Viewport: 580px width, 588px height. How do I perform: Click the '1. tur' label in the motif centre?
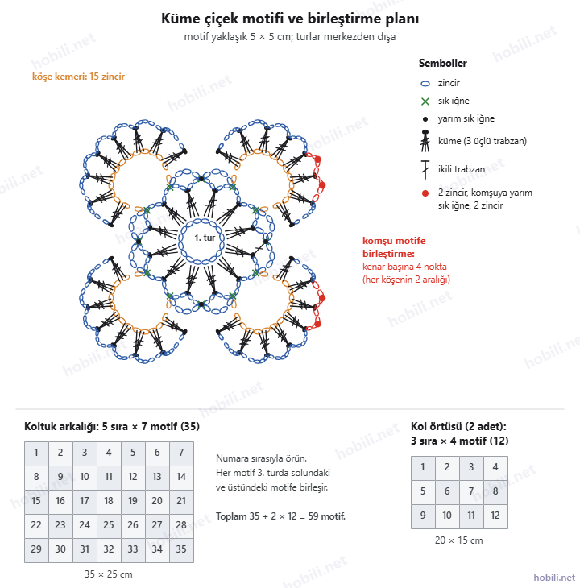pyautogui.click(x=205, y=238)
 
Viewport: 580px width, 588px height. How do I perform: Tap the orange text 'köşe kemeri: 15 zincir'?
pyautogui.click(x=78, y=77)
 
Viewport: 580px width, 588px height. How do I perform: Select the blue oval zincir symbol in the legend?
pyautogui.click(x=425, y=84)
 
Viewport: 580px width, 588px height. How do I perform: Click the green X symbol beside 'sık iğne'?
pyautogui.click(x=425, y=101)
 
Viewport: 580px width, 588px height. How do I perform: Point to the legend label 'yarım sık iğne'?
pyautogui.click(x=466, y=119)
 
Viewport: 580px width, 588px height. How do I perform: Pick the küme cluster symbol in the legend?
pyautogui.click(x=425, y=141)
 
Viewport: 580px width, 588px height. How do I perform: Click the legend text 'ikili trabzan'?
pyautogui.click(x=462, y=169)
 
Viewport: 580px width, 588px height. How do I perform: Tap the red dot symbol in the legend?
pyautogui.click(x=425, y=193)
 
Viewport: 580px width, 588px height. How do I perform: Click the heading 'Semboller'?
pyautogui.click(x=443, y=63)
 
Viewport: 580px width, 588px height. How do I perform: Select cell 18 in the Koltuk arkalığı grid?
pyautogui.click(x=109, y=501)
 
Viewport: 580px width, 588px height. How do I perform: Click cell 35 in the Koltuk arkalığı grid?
pyautogui.click(x=181, y=549)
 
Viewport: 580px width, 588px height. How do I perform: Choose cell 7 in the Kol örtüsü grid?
pyautogui.click(x=471, y=491)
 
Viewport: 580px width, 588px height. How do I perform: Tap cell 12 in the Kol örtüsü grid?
pyautogui.click(x=495, y=516)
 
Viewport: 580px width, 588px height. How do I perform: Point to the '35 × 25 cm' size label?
pyautogui.click(x=109, y=574)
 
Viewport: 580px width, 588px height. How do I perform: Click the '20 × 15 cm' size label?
pyautogui.click(x=459, y=540)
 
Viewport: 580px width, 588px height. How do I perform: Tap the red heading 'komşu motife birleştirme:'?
pyautogui.click(x=394, y=247)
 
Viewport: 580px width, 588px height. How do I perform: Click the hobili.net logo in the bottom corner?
pyautogui.click(x=554, y=578)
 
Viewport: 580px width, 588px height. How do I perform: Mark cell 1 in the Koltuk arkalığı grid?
pyautogui.click(x=36, y=453)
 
